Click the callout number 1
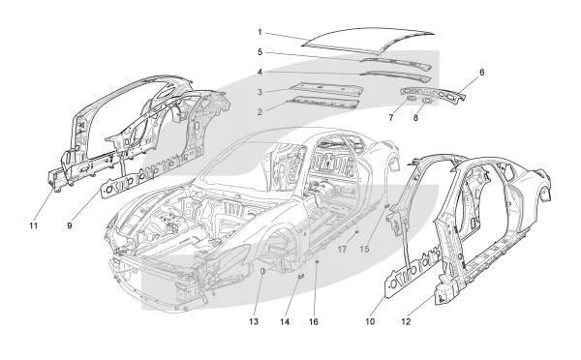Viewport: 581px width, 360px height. pos(260,32)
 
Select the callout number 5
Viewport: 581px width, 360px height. pos(260,52)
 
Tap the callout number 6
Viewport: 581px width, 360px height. pos(481,73)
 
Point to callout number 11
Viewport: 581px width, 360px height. pos(34,225)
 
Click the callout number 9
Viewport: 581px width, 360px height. pos(70,225)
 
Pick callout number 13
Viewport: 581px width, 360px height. pos(254,321)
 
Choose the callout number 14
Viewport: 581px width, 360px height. pos(285,321)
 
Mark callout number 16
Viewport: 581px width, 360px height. pos(314,321)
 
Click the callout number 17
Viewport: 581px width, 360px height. pos(342,250)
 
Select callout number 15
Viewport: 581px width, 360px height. pos(365,250)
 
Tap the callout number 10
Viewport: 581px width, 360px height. pos(370,321)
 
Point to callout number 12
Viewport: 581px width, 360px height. pos(406,321)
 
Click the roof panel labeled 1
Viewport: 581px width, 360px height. pos(367,38)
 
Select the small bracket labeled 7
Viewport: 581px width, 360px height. pos(411,98)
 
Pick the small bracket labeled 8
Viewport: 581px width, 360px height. pos(426,100)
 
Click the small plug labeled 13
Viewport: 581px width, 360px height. pos(262,270)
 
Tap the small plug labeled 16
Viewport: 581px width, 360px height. pos(317,262)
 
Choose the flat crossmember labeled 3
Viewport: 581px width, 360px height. pos(326,88)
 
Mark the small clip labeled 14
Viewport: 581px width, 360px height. pos(301,276)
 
